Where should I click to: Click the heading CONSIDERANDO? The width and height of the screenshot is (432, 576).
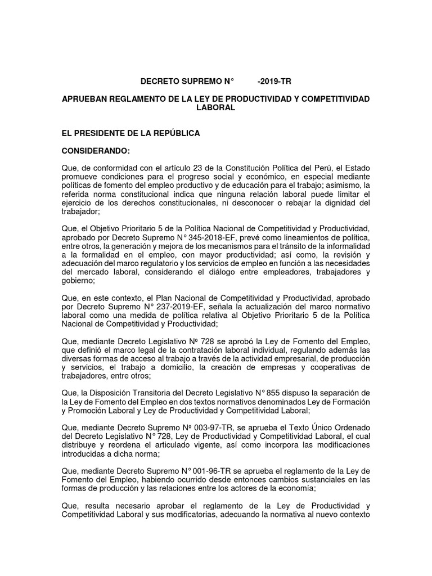tap(95, 151)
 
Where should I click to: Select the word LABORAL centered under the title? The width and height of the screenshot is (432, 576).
tap(215, 107)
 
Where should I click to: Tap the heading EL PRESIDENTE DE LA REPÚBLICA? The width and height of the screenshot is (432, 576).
tap(130, 133)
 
